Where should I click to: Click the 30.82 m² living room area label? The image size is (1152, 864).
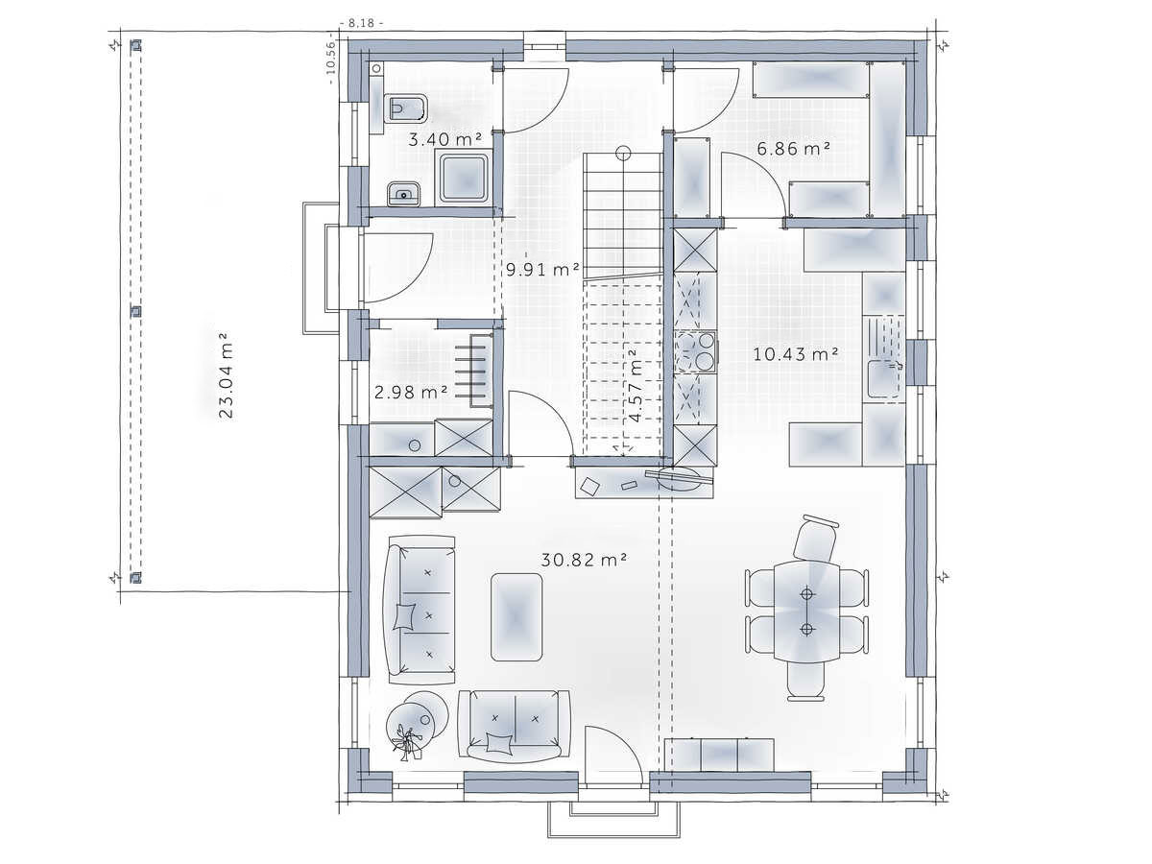click(584, 561)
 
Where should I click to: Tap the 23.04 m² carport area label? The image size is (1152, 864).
click(226, 375)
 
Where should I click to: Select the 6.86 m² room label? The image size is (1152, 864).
click(793, 149)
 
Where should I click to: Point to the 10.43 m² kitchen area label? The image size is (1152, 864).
click(795, 354)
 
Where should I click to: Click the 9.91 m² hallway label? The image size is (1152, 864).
click(542, 270)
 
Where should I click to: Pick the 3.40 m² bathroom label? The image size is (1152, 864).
click(445, 139)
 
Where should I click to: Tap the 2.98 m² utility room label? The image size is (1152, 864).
click(411, 392)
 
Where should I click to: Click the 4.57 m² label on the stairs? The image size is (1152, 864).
click(635, 386)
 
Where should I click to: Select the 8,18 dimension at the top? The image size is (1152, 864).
click(362, 23)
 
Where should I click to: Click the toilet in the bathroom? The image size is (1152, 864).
click(405, 108)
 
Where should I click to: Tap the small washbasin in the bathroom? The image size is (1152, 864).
click(403, 194)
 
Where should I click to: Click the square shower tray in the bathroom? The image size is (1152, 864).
click(464, 178)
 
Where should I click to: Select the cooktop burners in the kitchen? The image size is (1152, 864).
click(696, 352)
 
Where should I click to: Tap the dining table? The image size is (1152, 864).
click(807, 612)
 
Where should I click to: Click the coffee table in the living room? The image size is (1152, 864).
click(516, 616)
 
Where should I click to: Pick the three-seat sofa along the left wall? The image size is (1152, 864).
click(420, 611)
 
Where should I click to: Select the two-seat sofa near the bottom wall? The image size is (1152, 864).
click(515, 727)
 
